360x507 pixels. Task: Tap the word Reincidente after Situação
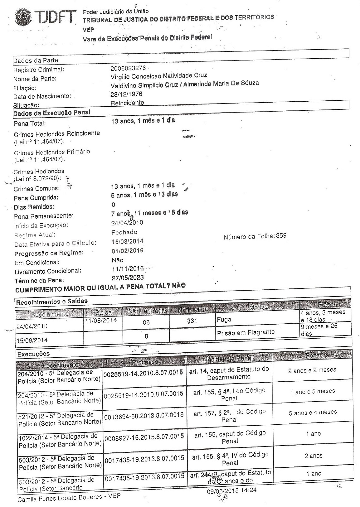pyautogui.click(x=127, y=103)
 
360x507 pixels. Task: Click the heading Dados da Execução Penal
pyautogui.click(x=52, y=113)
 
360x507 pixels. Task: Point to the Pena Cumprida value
pyautogui.click(x=144, y=195)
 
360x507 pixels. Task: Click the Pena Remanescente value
pyautogui.click(x=149, y=213)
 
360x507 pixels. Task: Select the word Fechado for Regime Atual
pyautogui.click(x=124, y=232)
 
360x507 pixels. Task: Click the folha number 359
pyautogui.click(x=281, y=236)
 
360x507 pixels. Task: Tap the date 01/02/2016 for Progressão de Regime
pyautogui.click(x=127, y=251)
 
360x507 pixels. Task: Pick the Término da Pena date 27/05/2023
pyautogui.click(x=128, y=278)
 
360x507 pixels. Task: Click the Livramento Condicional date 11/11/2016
pyautogui.click(x=128, y=268)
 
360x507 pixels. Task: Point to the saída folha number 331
pyautogui.click(x=192, y=321)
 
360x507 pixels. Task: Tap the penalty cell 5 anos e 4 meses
pyautogui.click(x=313, y=413)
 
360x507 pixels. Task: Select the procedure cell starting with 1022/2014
pyautogui.click(x=60, y=440)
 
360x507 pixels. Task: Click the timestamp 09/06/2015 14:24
pyautogui.click(x=232, y=490)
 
